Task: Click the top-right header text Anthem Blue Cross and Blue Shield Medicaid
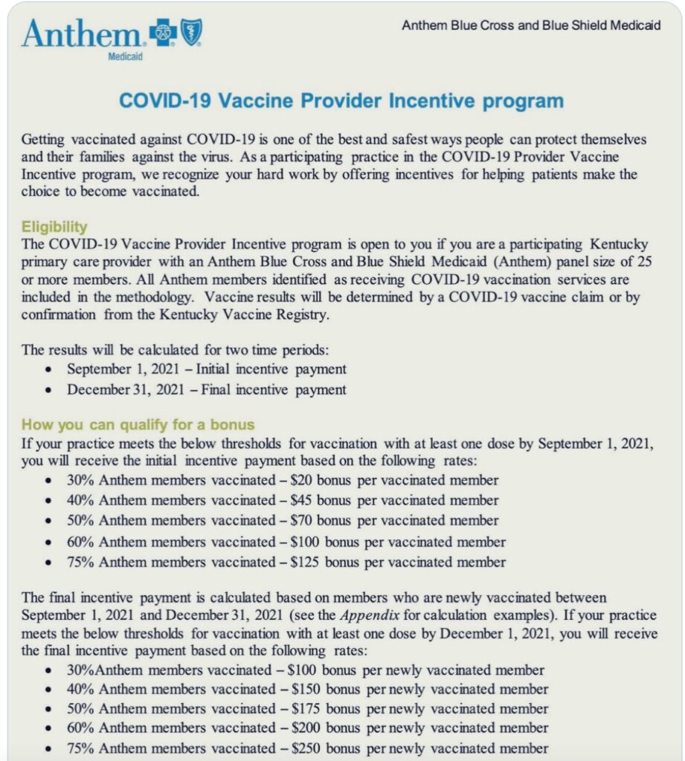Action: pyautogui.click(x=530, y=25)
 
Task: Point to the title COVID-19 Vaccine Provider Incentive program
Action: pyautogui.click(x=341, y=101)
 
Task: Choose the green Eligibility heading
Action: pyautogui.click(x=54, y=227)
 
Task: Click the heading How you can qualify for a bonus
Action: pyautogui.click(x=138, y=425)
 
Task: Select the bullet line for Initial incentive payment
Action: pyautogui.click(x=206, y=369)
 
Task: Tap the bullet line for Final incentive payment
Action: pyautogui.click(x=206, y=389)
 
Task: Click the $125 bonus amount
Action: pyautogui.click(x=305, y=562)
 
